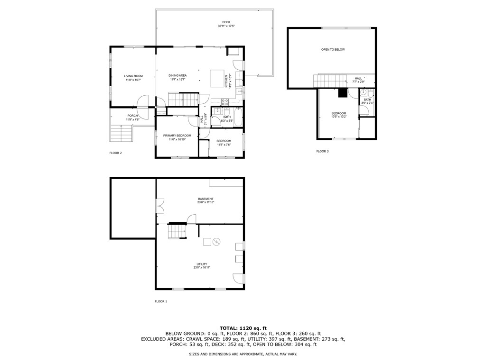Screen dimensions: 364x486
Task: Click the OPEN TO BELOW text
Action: [x=333, y=50]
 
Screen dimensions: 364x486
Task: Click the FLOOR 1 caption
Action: [x=161, y=301]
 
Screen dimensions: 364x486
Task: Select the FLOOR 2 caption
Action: [x=116, y=153]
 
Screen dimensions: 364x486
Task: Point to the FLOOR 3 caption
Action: [x=322, y=151]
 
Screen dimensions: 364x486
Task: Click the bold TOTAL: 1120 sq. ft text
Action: [x=243, y=328]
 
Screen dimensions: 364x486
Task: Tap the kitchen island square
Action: [x=217, y=78]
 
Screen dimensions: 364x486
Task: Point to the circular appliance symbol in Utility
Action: [x=216, y=242]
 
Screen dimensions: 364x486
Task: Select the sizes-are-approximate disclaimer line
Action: [x=243, y=355]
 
